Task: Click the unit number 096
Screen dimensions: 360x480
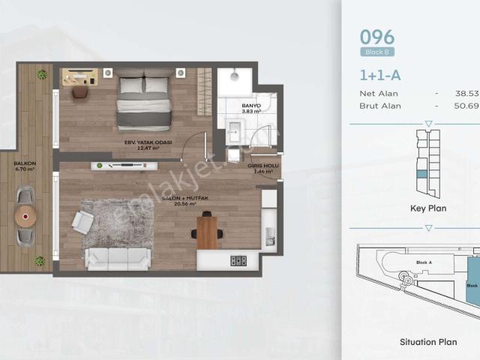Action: pyautogui.click(x=377, y=37)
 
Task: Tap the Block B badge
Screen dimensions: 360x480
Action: pyautogui.click(x=377, y=52)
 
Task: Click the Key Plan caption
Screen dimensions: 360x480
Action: pyautogui.click(x=428, y=208)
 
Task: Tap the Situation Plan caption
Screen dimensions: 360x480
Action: pyautogui.click(x=428, y=342)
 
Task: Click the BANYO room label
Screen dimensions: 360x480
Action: pyautogui.click(x=250, y=106)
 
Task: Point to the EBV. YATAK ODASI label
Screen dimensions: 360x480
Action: pyautogui.click(x=148, y=143)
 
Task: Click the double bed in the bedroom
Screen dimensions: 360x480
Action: pyautogui.click(x=144, y=101)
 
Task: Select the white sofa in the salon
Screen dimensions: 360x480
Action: pyautogui.click(x=118, y=258)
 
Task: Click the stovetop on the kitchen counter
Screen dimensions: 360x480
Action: pyautogui.click(x=238, y=260)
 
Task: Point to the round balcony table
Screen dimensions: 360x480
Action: pyautogui.click(x=27, y=217)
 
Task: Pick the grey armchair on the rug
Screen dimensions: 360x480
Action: pyautogui.click(x=82, y=221)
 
